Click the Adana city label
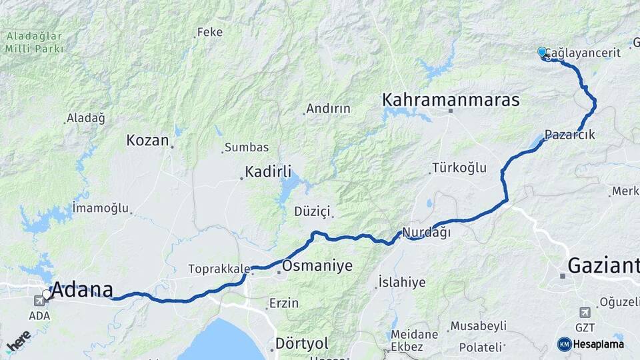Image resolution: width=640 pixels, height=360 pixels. click(82, 290)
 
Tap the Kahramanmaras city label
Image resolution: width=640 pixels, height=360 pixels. click(450, 100)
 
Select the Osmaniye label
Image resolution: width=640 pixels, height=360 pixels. click(317, 266)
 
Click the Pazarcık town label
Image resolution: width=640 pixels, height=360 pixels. click(569, 135)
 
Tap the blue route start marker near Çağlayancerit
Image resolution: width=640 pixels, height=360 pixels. click(542, 52)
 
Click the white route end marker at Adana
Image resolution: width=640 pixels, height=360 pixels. click(47, 294)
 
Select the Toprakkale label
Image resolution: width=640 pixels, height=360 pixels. click(218, 269)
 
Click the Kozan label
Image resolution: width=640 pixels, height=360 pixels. click(147, 141)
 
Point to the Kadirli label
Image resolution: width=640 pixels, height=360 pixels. click(268, 172)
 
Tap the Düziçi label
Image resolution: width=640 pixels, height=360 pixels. click(312, 211)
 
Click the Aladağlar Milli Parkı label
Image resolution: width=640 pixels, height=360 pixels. click(34, 42)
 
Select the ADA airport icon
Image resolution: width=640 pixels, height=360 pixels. click(39, 301)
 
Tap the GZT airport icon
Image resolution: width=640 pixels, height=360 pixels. click(585, 313)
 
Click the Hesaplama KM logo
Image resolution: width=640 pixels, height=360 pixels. click(591, 344)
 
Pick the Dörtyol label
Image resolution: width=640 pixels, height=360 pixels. click(302, 343)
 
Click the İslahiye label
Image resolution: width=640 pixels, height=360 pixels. click(401, 282)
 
